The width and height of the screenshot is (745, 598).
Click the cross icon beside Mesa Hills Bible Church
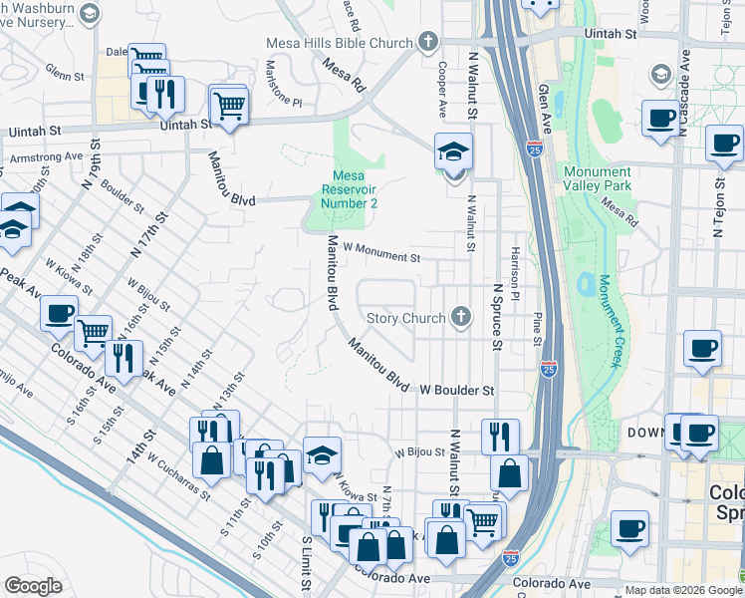tap(428, 43)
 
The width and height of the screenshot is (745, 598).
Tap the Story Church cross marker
tap(459, 318)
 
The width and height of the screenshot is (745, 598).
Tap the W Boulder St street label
tap(457, 390)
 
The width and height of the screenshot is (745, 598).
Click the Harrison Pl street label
tap(514, 274)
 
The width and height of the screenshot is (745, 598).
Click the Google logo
tap(33, 585)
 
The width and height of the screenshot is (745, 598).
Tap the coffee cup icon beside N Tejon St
tap(724, 143)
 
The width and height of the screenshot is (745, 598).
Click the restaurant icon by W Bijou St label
tap(500, 436)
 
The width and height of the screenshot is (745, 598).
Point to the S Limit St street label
tap(306, 563)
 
